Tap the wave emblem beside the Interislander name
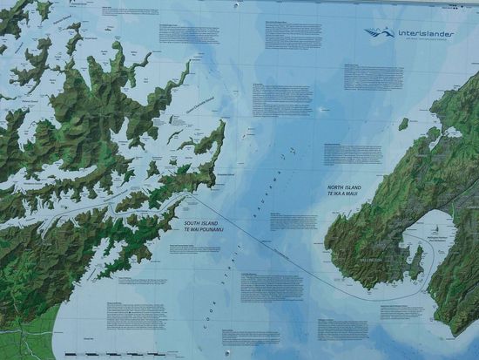click(380, 32)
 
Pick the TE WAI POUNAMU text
click(203, 231)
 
